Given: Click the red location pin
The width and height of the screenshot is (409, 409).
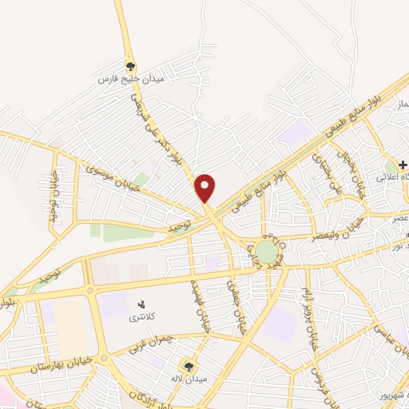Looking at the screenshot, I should point(205,187).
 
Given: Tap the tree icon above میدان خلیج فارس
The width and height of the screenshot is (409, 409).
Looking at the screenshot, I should point(131,66).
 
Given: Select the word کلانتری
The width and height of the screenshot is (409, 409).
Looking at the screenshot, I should point(144,317).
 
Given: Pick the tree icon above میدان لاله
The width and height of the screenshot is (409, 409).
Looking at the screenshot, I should point(189,364).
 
